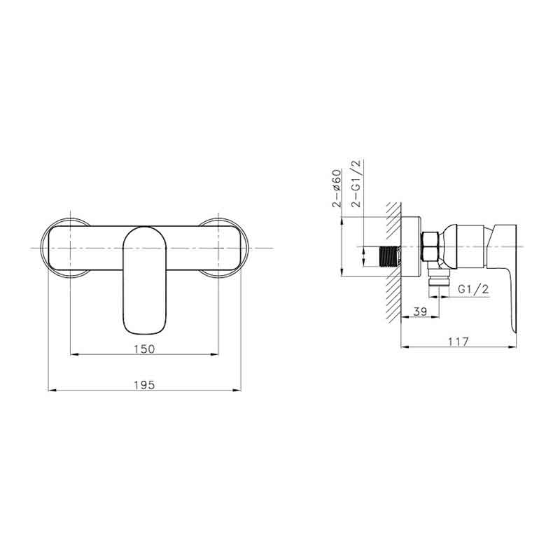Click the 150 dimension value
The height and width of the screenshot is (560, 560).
[145, 349]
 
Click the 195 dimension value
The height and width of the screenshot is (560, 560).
[145, 385]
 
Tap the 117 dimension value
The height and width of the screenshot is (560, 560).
[458, 342]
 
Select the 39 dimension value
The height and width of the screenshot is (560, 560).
[420, 311]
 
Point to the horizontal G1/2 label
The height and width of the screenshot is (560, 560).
[473, 288]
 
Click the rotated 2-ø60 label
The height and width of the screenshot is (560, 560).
[337, 188]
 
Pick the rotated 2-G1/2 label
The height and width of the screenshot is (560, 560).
[356, 183]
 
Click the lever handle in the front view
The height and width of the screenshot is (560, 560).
[145, 281]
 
